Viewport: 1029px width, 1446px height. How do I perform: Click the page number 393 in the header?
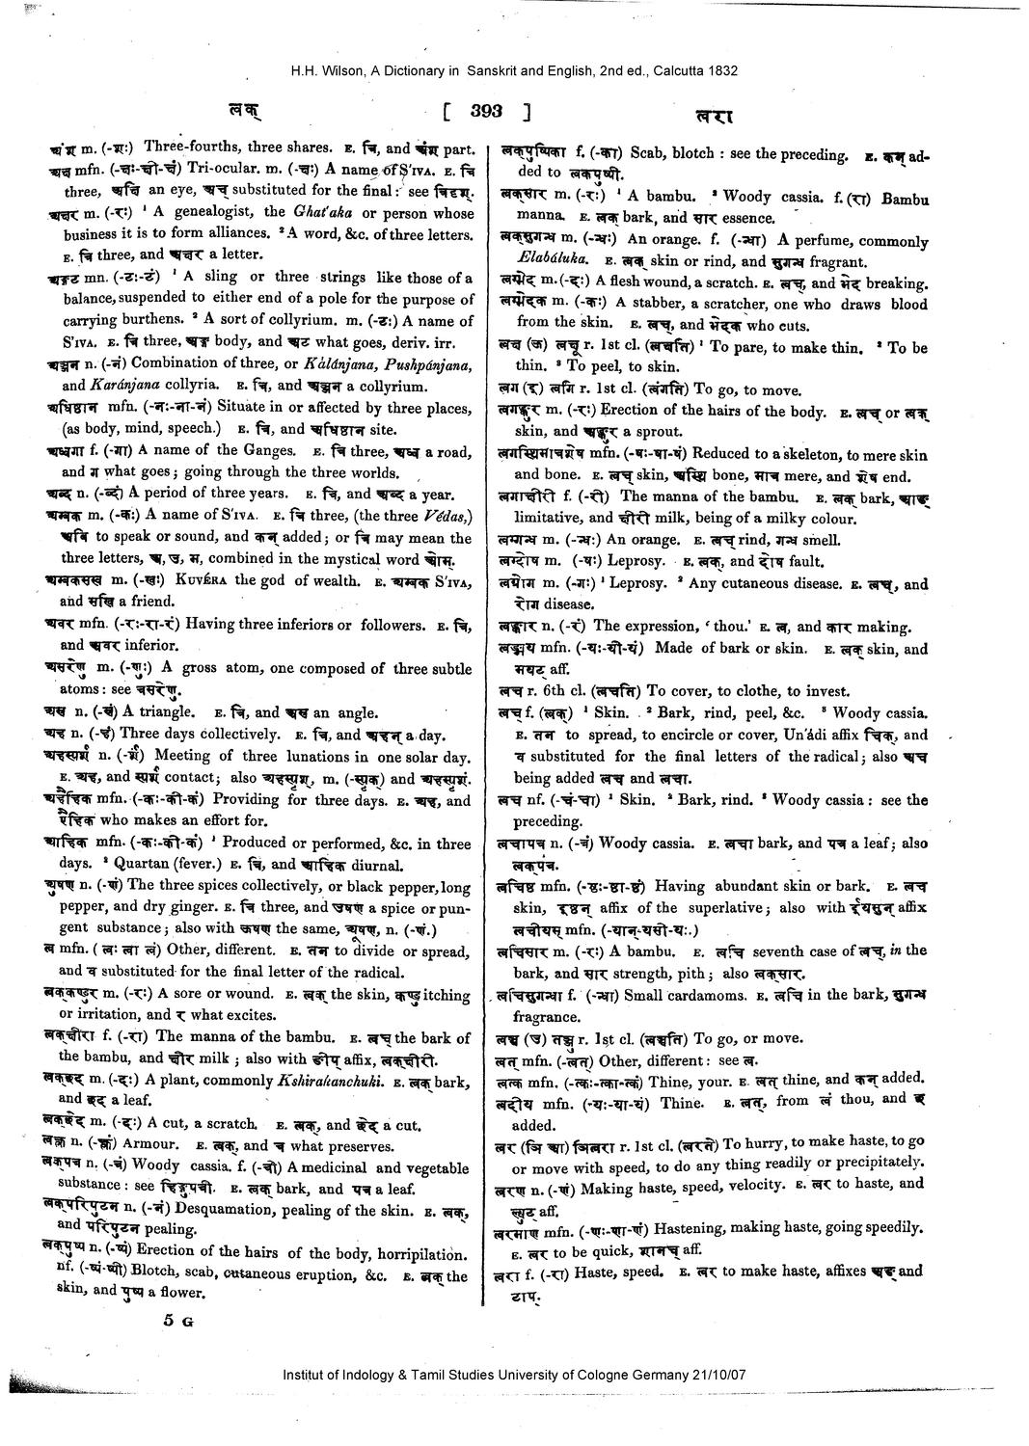(x=487, y=112)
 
